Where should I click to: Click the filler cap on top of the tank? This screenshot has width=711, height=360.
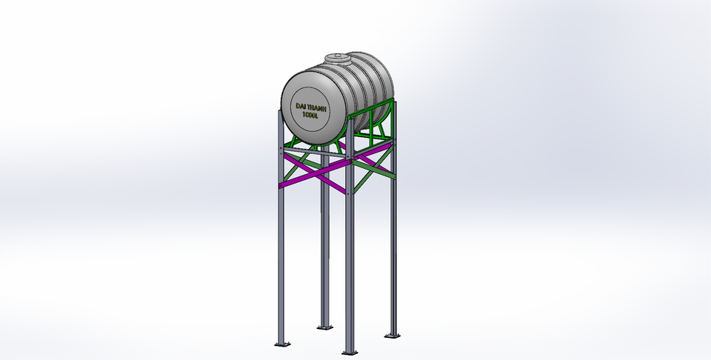337,57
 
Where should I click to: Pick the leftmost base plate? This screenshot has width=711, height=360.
281,344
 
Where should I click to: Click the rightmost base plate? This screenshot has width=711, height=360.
392,335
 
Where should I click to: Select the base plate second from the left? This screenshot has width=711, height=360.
324,327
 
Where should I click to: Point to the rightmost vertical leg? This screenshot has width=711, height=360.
393,244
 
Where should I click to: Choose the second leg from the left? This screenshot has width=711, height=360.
324,244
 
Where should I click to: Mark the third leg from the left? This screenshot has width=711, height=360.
348,259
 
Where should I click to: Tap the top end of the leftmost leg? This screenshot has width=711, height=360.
280,113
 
